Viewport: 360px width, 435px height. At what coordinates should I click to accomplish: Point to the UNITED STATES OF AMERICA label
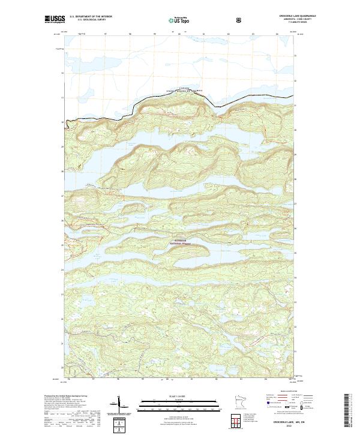[x=185, y=91]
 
